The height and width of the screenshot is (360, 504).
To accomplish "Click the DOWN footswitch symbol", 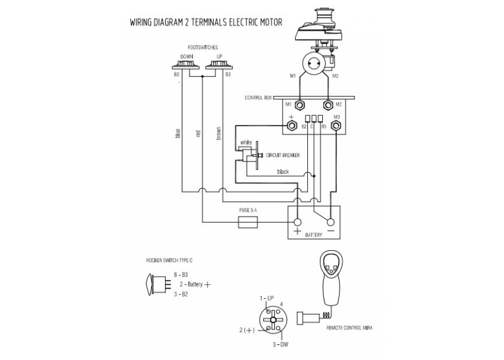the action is click(x=186, y=65).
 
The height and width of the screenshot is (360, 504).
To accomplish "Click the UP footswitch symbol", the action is click(x=219, y=65).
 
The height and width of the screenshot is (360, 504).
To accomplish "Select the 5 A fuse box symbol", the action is click(x=248, y=222).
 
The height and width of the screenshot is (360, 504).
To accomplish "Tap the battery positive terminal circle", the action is click(x=298, y=222).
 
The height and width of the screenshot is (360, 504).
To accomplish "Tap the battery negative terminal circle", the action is click(x=331, y=222).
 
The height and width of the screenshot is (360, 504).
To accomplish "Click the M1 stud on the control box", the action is click(x=300, y=105).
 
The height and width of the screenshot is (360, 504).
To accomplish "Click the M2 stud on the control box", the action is click(x=328, y=105).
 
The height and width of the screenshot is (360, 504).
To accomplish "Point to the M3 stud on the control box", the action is click(x=337, y=125).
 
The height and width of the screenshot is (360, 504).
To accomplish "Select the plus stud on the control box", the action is click(x=292, y=125).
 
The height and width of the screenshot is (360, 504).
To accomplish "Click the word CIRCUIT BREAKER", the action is click(x=283, y=155).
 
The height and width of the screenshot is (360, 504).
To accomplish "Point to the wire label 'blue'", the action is click(x=178, y=133).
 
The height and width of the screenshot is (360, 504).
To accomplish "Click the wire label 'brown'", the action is click(x=218, y=133).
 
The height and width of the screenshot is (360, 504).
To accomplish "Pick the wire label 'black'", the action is click(x=283, y=172).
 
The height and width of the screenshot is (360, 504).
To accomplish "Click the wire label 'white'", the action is click(x=246, y=142).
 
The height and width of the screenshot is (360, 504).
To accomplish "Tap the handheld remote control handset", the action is click(x=331, y=278).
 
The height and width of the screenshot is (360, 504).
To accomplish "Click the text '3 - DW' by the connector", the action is click(x=280, y=345).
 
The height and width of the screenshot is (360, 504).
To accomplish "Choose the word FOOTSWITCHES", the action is click(x=203, y=47).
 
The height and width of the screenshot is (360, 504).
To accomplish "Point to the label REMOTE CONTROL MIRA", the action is click(x=349, y=328).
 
